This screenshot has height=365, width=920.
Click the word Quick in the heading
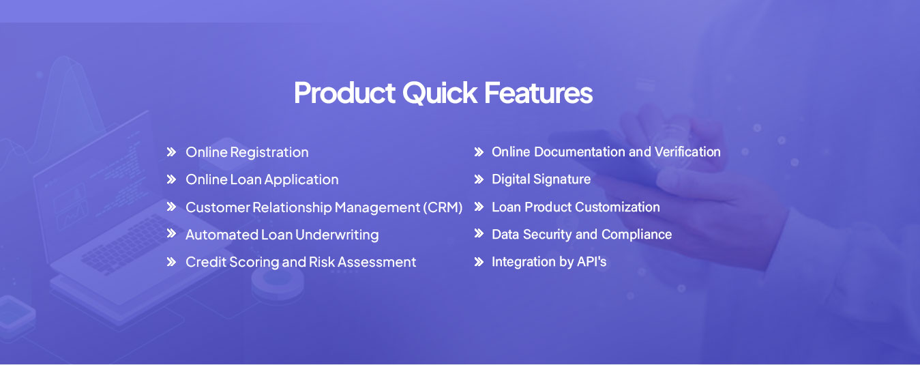[x=439, y=93]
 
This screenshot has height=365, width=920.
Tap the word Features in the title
[x=539, y=93]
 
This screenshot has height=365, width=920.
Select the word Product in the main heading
[x=344, y=93]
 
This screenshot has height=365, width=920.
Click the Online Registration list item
[x=247, y=153]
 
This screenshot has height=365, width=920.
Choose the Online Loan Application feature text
[x=262, y=179]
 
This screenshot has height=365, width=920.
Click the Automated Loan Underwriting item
[x=282, y=235]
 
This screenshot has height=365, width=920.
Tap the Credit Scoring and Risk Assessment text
[x=301, y=262]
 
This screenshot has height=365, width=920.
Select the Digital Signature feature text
[x=541, y=179]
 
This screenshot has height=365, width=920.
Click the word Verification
[x=687, y=151]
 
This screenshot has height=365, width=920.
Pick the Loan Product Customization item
[x=576, y=207]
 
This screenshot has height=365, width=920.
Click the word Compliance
[x=636, y=235]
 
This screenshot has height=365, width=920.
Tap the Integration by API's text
[x=549, y=262]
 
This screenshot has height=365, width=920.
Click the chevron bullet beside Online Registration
[x=171, y=152]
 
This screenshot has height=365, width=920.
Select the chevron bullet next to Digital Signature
[x=479, y=179]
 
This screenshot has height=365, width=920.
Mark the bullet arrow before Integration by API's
[x=479, y=262]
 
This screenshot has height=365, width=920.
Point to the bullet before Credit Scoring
[x=171, y=262]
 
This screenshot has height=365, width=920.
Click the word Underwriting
[x=337, y=235]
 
